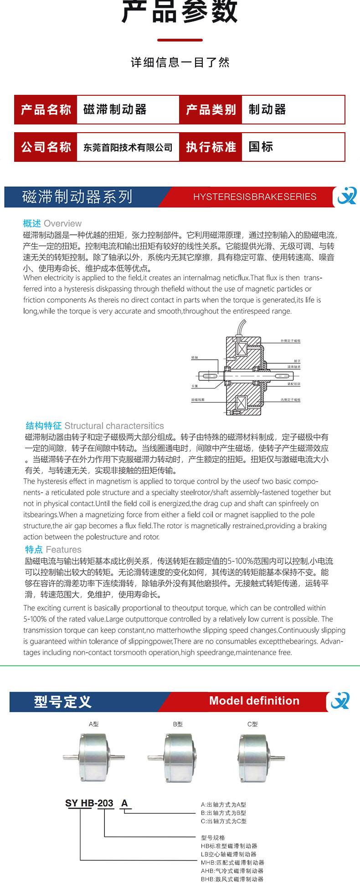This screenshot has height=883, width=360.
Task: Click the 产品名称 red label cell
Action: pos(46,109)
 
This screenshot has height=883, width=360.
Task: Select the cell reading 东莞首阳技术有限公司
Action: pos(128,147)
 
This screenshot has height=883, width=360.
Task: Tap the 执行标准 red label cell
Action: pos(211,147)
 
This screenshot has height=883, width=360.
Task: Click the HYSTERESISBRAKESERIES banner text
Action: pos(255,197)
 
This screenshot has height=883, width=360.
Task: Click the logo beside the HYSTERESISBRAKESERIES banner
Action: pos(346,196)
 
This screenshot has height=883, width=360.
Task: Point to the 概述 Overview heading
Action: pos(52,223)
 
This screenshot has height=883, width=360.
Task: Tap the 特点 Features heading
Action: pos(53,550)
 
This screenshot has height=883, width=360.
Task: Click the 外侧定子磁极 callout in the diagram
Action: pos(290,341)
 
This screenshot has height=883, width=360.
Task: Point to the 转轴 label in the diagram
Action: pos(195,358)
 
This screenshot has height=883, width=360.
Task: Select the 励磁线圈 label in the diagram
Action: pos(198,400)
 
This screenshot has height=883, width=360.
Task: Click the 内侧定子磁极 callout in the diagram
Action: pos(290,400)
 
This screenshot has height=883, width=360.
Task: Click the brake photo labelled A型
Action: pos(94,757)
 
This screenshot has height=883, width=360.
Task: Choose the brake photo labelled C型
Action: pos(258,757)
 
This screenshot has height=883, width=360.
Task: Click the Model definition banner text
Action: pos(254,701)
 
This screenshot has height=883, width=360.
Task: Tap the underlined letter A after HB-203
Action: pos(124,803)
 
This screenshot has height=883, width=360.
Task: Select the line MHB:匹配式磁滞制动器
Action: pos(232,862)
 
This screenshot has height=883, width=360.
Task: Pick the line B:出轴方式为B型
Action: pos(223,813)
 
